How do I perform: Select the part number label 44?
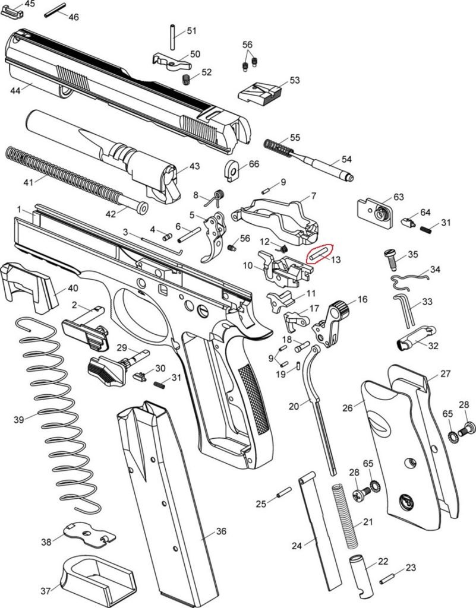pos(15,91)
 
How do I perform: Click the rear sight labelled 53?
pos(260,93)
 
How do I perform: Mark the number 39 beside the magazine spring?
pos(18,420)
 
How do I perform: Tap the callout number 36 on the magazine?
pos(220,531)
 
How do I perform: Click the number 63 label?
pos(398,197)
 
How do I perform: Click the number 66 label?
pos(254,164)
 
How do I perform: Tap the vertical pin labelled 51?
pos(172,37)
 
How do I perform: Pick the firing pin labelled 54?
pos(321,161)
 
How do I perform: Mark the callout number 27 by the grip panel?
pos(446,374)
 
